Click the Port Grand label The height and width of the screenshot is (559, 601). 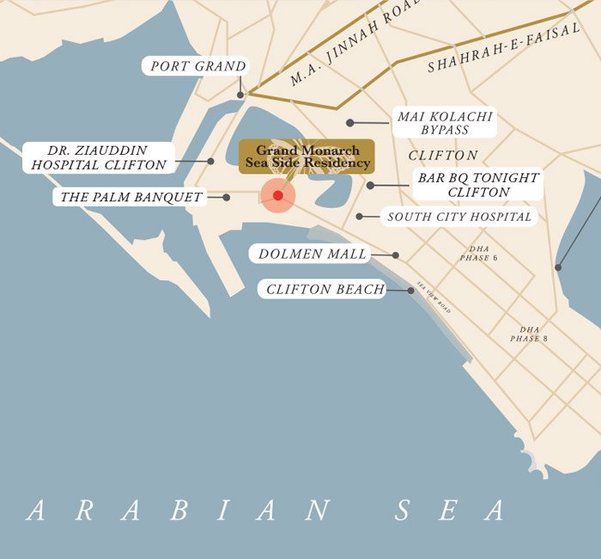coord(197,66)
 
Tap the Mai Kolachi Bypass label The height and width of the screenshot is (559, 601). coord(445,123)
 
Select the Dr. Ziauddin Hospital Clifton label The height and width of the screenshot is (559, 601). coord(99,157)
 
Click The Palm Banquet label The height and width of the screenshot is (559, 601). coord(131,197)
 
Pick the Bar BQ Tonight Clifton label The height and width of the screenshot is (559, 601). coord(478,185)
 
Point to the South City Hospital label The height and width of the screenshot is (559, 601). coord(459,217)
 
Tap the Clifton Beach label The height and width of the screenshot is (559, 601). coord(325,290)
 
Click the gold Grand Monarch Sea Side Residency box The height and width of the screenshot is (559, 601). coord(307,157)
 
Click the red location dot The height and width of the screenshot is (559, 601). coord(278,196)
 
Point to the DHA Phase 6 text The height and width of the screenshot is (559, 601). coord(478,254)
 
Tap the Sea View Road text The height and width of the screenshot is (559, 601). coord(434,297)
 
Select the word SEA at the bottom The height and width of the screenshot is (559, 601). coord(450,511)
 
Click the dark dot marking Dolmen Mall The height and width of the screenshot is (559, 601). coord(396,255)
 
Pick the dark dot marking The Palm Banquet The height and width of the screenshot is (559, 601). coord(227,197)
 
